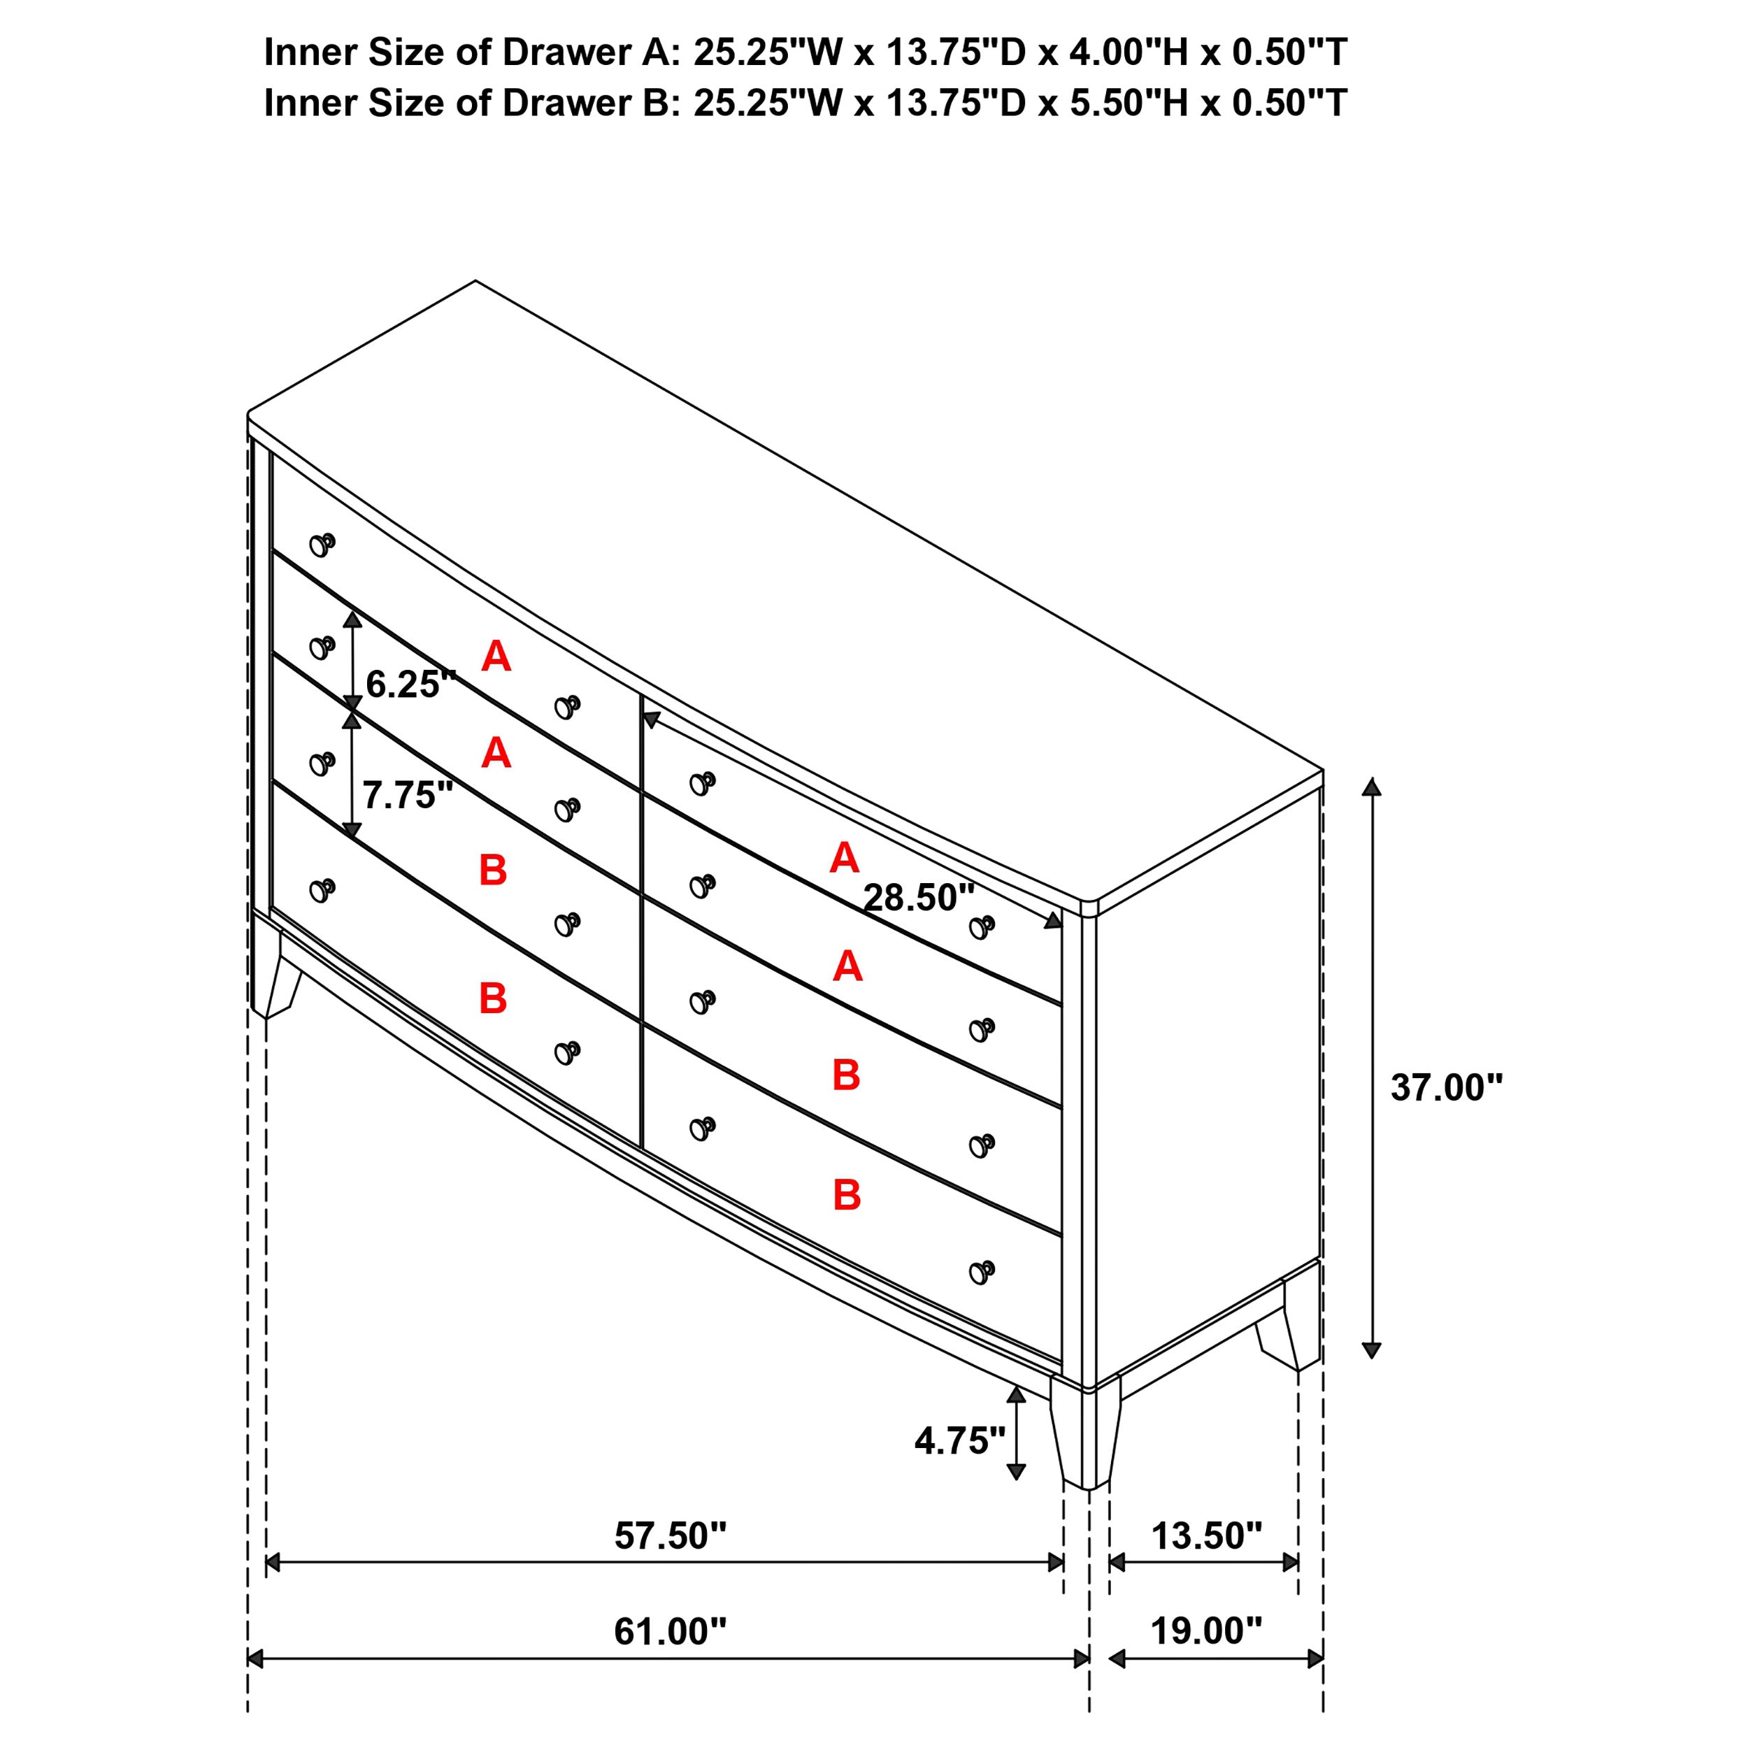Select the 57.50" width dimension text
click(x=670, y=1535)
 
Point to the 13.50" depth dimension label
click(x=1206, y=1535)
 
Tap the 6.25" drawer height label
click(x=410, y=684)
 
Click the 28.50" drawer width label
click(x=918, y=898)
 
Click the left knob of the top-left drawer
click(x=321, y=544)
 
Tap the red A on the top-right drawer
click(x=843, y=857)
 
